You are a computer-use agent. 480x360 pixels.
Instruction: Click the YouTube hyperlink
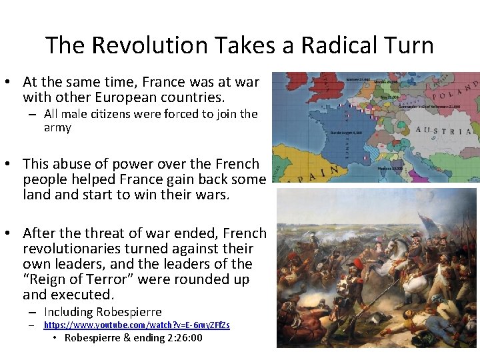tap(137, 325)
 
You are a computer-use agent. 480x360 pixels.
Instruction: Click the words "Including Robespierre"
tap(103, 312)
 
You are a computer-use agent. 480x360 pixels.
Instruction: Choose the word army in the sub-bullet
tap(57, 127)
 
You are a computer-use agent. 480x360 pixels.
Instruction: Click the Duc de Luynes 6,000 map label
tap(347, 133)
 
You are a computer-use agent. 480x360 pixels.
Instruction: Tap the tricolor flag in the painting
tap(425, 223)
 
